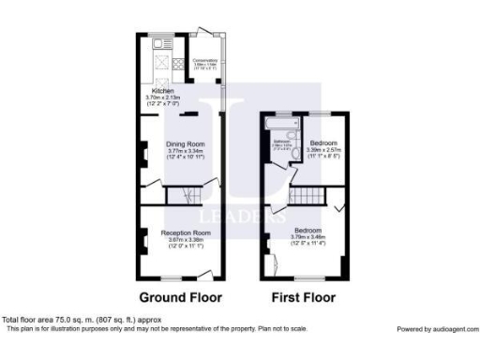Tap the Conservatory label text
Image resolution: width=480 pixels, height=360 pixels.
pos(205,59)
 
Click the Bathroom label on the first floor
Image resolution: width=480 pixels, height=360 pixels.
pos(282,142)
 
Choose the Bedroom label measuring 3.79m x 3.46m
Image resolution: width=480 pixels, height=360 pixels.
pos(308,230)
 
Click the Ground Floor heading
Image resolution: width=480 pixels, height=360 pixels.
pos(181,297)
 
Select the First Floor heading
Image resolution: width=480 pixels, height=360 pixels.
pos(304,297)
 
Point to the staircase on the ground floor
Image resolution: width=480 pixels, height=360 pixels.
pos(183,195)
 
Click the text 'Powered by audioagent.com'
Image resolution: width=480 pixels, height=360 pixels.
pos(436,329)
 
